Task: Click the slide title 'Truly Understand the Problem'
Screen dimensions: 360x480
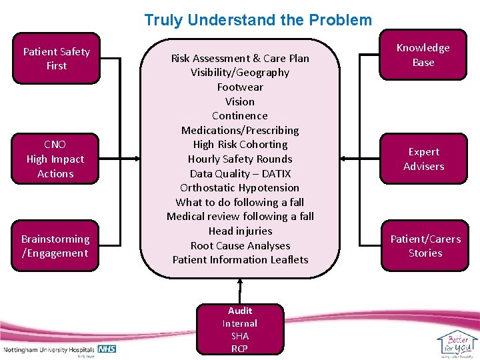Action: [x=258, y=20]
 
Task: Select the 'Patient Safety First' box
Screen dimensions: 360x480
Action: [x=57, y=59]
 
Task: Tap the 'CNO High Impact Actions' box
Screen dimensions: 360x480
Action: [x=55, y=159]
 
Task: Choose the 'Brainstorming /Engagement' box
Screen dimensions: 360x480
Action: [x=55, y=246]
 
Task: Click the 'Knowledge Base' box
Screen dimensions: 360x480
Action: [x=423, y=55]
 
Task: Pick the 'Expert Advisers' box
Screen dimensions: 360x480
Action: [x=423, y=159]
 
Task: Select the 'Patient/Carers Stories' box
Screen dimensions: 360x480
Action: [x=425, y=246]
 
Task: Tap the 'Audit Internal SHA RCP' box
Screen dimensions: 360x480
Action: [x=240, y=329]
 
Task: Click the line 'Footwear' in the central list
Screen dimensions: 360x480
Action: [x=240, y=87]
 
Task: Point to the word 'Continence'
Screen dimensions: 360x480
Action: [x=240, y=116]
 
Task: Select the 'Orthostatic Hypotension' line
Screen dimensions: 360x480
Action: [x=240, y=188]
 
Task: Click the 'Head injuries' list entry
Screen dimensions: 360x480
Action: [x=240, y=231]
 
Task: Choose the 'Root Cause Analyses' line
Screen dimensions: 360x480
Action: [x=240, y=246]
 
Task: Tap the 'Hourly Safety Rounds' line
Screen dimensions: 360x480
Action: [x=240, y=159]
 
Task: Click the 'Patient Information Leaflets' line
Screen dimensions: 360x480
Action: [x=240, y=260]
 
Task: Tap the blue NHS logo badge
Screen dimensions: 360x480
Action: [x=107, y=349]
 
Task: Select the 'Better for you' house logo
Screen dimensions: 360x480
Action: [x=457, y=343]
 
